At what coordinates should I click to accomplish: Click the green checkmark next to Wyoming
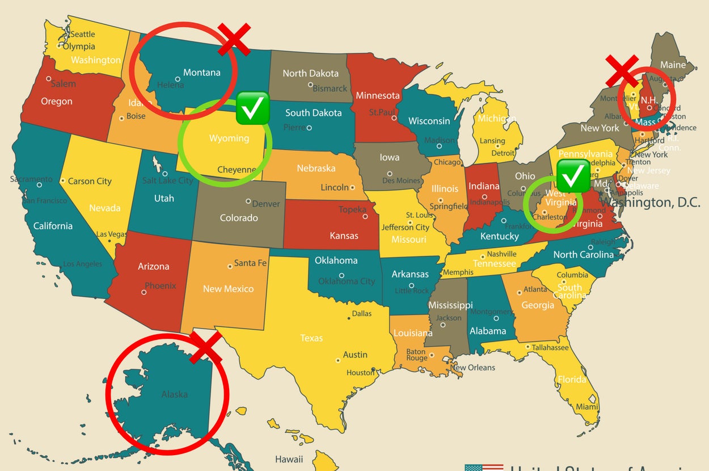pos(252,108)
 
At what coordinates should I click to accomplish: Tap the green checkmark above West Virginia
pos(573,175)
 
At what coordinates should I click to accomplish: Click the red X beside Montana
pos(233,40)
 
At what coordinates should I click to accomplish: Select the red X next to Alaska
pos(205,347)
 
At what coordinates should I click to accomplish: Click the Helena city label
pos(170,85)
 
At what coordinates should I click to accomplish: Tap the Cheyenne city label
pos(237,170)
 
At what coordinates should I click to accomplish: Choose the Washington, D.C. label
pos(650,202)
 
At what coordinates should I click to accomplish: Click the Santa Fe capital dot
pos(230,265)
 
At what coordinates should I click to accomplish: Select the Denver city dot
pos(248,201)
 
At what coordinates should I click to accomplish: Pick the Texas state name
pos(311,338)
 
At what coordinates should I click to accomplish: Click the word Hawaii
pos(289,459)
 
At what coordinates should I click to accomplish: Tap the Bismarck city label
pos(330,89)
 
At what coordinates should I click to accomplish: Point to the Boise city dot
pos(121,119)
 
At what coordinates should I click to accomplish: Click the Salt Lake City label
pos(167,180)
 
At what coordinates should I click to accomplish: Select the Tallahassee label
pos(550,347)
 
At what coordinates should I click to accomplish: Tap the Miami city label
pos(587,407)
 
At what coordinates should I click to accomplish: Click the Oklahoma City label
pos(347,281)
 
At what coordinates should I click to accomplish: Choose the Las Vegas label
pos(112,234)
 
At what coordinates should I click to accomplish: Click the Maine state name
pos(673,65)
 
